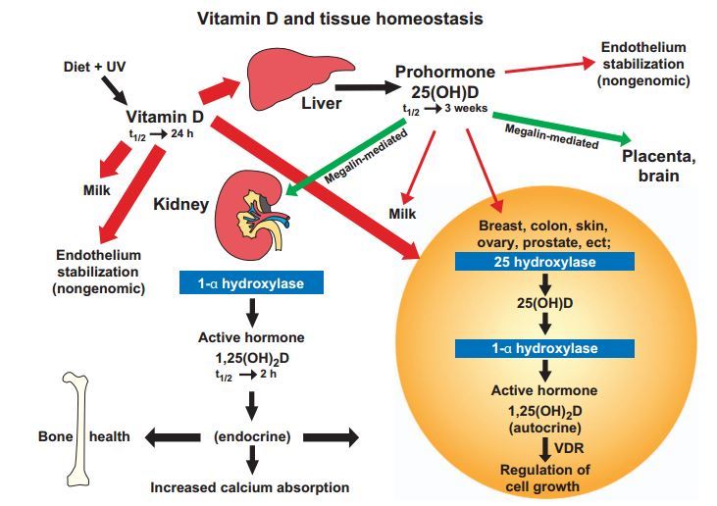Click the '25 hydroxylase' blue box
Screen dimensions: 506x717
[543, 262]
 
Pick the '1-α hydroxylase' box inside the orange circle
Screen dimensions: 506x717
[543, 348]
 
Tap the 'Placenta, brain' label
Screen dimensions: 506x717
[657, 164]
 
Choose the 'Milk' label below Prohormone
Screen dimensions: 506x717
[403, 214]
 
